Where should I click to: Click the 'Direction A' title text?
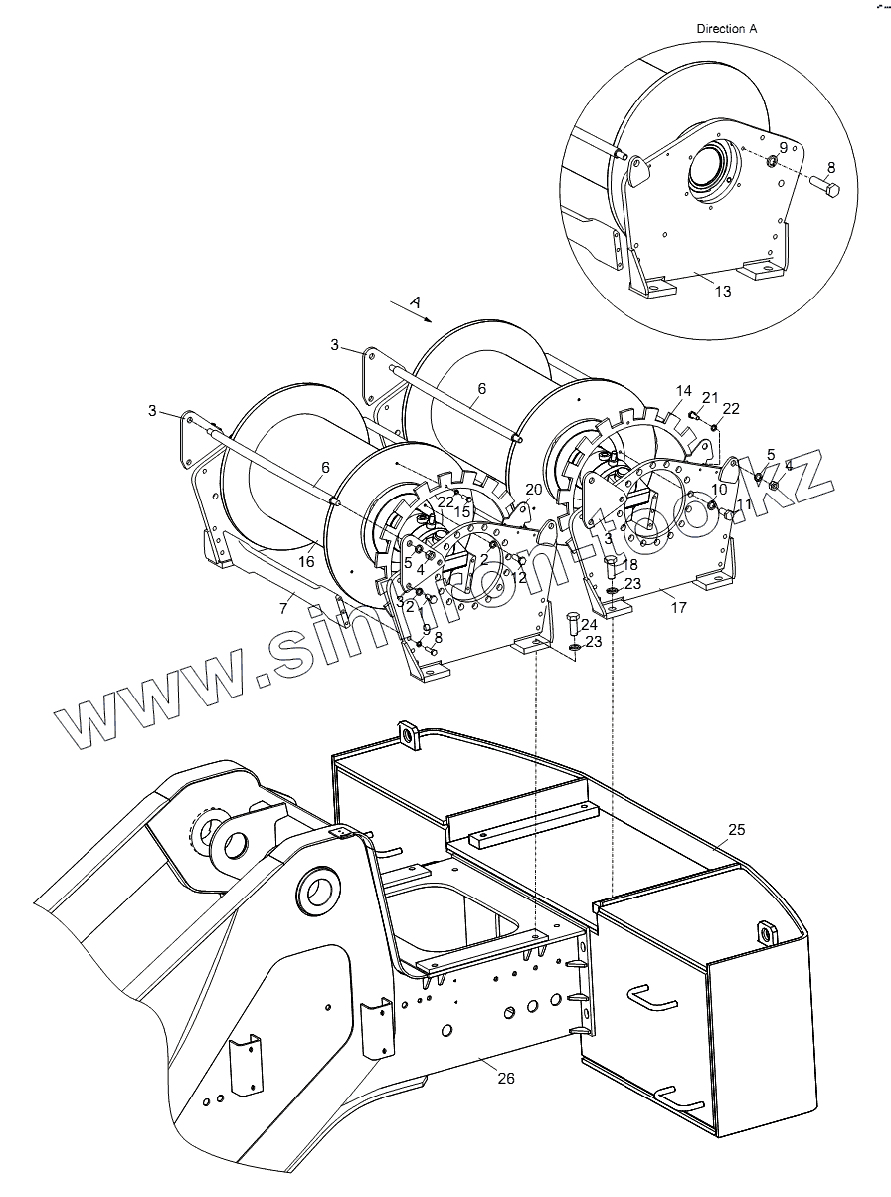[726, 29]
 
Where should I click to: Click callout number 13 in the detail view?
[723, 291]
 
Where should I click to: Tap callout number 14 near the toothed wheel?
[683, 391]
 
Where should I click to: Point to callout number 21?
[710, 397]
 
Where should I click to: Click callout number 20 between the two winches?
[534, 490]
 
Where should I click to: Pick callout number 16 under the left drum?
[307, 562]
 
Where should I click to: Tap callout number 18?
[630, 564]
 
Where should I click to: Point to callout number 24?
[589, 625]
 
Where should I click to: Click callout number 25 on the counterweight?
[736, 829]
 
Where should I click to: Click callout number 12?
[519, 577]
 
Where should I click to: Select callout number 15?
[463, 511]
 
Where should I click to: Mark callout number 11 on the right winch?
[743, 504]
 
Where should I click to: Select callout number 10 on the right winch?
[719, 489]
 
